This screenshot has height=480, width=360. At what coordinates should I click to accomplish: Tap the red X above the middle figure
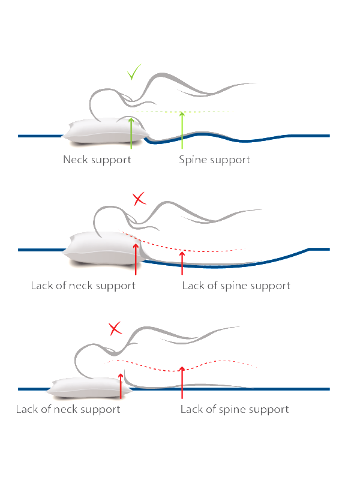click(139, 199)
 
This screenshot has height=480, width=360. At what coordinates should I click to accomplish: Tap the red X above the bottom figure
click(115, 328)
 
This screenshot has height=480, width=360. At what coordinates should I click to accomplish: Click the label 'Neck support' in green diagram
click(97, 160)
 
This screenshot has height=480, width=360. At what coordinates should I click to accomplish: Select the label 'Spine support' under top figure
click(214, 160)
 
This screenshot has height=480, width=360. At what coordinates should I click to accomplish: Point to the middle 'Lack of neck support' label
click(83, 286)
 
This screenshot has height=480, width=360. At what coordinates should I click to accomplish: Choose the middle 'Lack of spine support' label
click(236, 286)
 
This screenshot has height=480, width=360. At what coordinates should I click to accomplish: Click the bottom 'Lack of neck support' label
click(68, 409)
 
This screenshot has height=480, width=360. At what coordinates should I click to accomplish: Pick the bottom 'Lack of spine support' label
click(235, 409)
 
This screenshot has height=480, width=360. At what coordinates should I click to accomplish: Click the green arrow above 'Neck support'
click(131, 133)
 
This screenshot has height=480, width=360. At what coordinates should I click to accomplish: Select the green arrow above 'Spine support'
click(182, 130)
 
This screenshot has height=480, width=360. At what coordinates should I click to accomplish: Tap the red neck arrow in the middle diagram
click(136, 259)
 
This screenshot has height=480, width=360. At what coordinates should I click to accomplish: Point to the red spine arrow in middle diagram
click(182, 263)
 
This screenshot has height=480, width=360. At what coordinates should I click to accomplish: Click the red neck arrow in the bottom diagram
click(121, 386)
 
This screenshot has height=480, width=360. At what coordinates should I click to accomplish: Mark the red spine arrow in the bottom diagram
click(182, 382)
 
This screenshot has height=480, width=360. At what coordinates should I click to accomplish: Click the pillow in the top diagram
click(106, 131)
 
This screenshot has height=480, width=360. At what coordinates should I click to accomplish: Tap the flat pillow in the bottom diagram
click(89, 388)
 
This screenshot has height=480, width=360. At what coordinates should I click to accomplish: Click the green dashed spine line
click(184, 112)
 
